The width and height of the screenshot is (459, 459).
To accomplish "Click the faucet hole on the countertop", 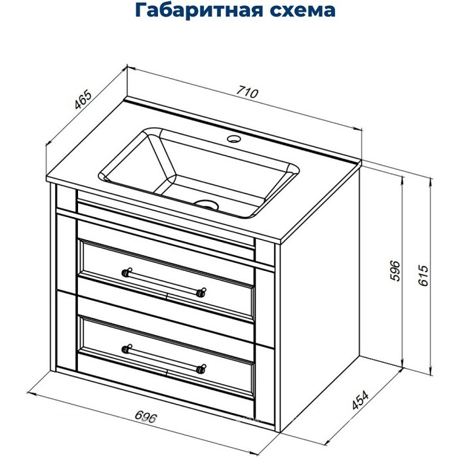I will click(x=233, y=140).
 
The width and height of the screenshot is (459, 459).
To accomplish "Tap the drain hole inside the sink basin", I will click(x=208, y=204).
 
